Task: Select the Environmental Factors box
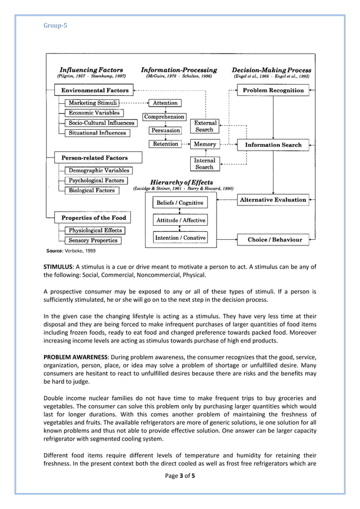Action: coord(94,90)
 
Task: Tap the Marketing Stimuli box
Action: coord(93,103)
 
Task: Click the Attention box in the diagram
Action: coord(165,103)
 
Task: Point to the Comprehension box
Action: coord(164,117)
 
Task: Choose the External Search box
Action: coord(204,126)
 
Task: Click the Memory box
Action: coord(204,144)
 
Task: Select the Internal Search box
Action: coord(204,164)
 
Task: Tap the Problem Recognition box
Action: coord(273,90)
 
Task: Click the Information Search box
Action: coord(273,145)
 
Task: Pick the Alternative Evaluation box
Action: coord(273,200)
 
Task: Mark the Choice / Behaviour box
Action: coord(275,240)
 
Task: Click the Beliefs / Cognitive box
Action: coord(179,203)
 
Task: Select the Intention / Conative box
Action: coord(180,238)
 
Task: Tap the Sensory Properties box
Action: coord(93,240)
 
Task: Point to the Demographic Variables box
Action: coord(99,170)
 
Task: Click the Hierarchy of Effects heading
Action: coord(181,182)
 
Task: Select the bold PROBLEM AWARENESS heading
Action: coord(76,358)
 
